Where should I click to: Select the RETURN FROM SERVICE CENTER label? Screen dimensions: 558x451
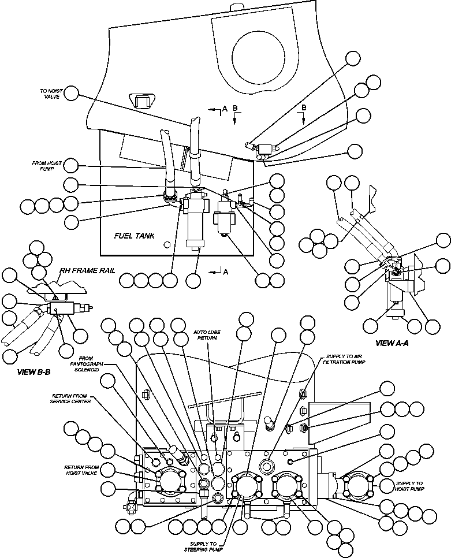click(x=70, y=399)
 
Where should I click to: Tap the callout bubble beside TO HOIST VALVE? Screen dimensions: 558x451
click(x=72, y=93)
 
